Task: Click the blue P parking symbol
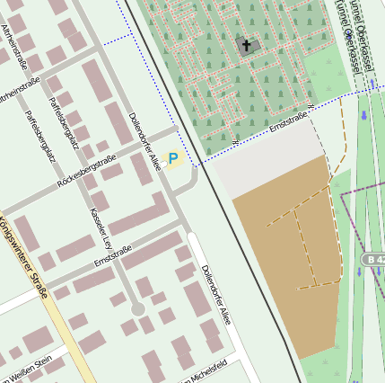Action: (173, 158)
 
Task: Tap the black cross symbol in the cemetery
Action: (245, 44)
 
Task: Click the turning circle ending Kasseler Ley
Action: (137, 308)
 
